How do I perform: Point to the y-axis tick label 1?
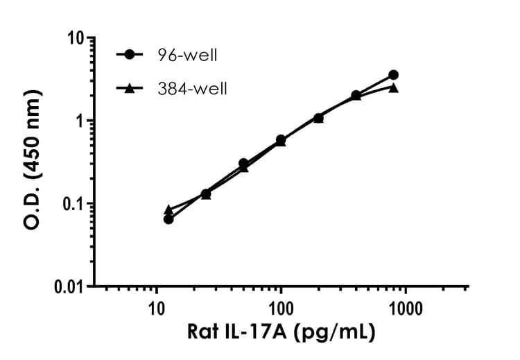click(x=82, y=121)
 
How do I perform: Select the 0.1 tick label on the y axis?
click(x=72, y=204)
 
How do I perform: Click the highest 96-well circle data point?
click(x=394, y=75)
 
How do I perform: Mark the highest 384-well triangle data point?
click(x=394, y=87)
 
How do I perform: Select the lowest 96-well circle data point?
click(x=168, y=219)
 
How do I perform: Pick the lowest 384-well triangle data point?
click(x=168, y=209)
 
